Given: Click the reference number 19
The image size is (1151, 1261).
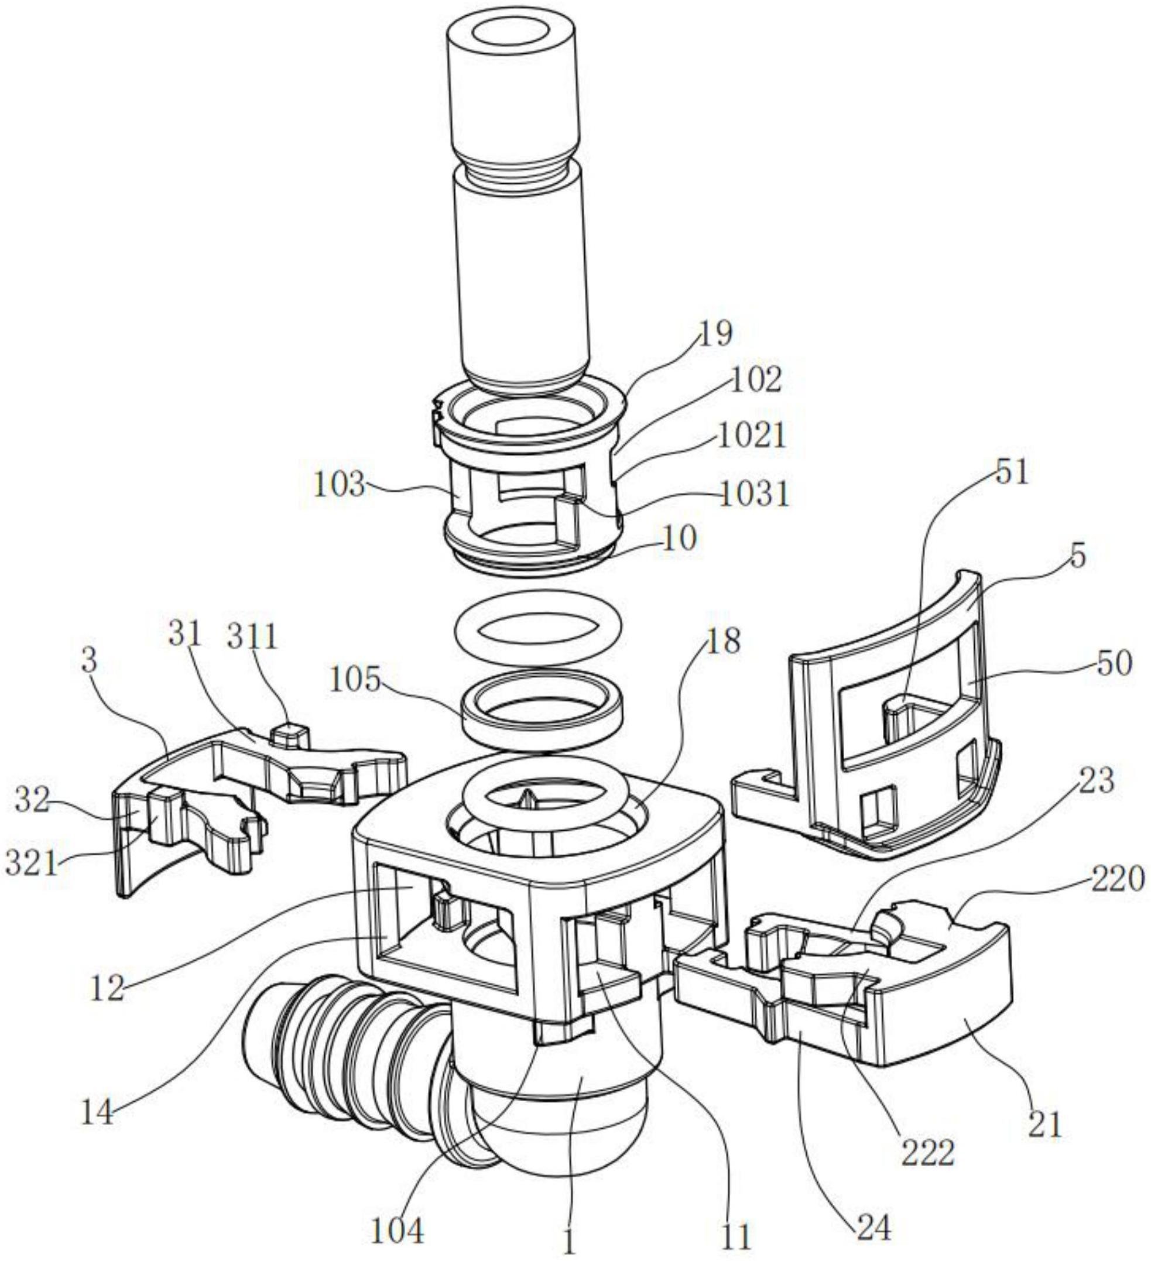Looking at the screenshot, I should (715, 334).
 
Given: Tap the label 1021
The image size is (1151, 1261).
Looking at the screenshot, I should (751, 436).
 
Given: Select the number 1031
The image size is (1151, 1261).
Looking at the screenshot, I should (755, 495).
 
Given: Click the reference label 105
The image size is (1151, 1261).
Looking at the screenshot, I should (355, 679).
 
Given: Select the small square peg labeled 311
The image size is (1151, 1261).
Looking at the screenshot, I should (288, 732).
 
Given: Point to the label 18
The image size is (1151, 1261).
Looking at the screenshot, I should (724, 640).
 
